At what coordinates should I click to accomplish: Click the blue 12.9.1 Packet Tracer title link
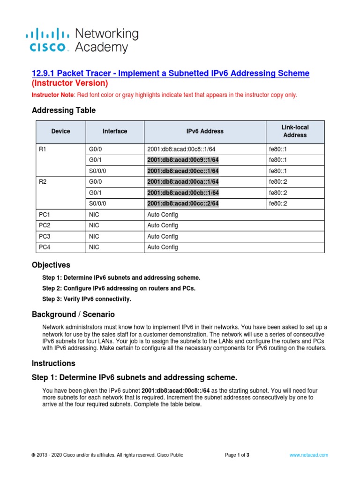[170, 73]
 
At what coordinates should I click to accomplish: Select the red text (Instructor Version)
[70, 83]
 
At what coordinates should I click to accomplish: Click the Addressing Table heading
[64, 110]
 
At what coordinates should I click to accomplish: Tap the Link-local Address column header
[295, 131]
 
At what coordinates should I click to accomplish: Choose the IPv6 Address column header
[205, 131]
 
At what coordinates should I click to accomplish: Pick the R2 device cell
[43, 182]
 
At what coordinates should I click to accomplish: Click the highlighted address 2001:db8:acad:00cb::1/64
[183, 193]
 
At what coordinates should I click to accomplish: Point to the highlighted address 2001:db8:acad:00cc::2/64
[183, 203]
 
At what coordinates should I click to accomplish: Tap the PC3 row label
[45, 236]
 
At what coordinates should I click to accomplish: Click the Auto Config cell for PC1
[163, 215]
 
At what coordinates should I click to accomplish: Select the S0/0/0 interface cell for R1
[98, 171]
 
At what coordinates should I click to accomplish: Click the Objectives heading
[51, 265]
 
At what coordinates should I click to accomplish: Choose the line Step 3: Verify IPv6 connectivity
[87, 299]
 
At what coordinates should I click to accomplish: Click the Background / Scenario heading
[73, 314]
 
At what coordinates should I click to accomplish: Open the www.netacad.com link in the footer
[308, 455]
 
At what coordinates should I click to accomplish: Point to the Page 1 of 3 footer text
[237, 455]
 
